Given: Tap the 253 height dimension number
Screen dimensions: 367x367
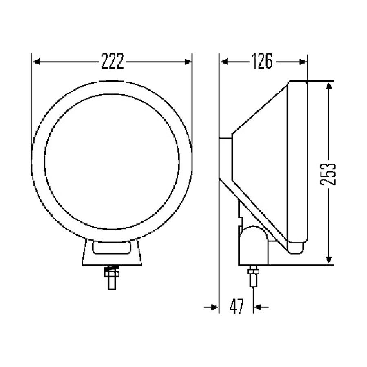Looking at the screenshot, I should [x=328, y=174].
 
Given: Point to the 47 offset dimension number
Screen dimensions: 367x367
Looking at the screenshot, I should [x=237, y=306].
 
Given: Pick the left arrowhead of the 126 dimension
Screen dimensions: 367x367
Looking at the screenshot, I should [x=224, y=62].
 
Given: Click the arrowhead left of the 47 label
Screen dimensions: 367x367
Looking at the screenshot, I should [x=215, y=307].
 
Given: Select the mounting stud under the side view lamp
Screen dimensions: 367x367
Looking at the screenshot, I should [x=253, y=277].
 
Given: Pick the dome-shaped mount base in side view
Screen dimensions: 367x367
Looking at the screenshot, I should [x=253, y=245].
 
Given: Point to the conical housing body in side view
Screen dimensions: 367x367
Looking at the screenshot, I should [x=261, y=163].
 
